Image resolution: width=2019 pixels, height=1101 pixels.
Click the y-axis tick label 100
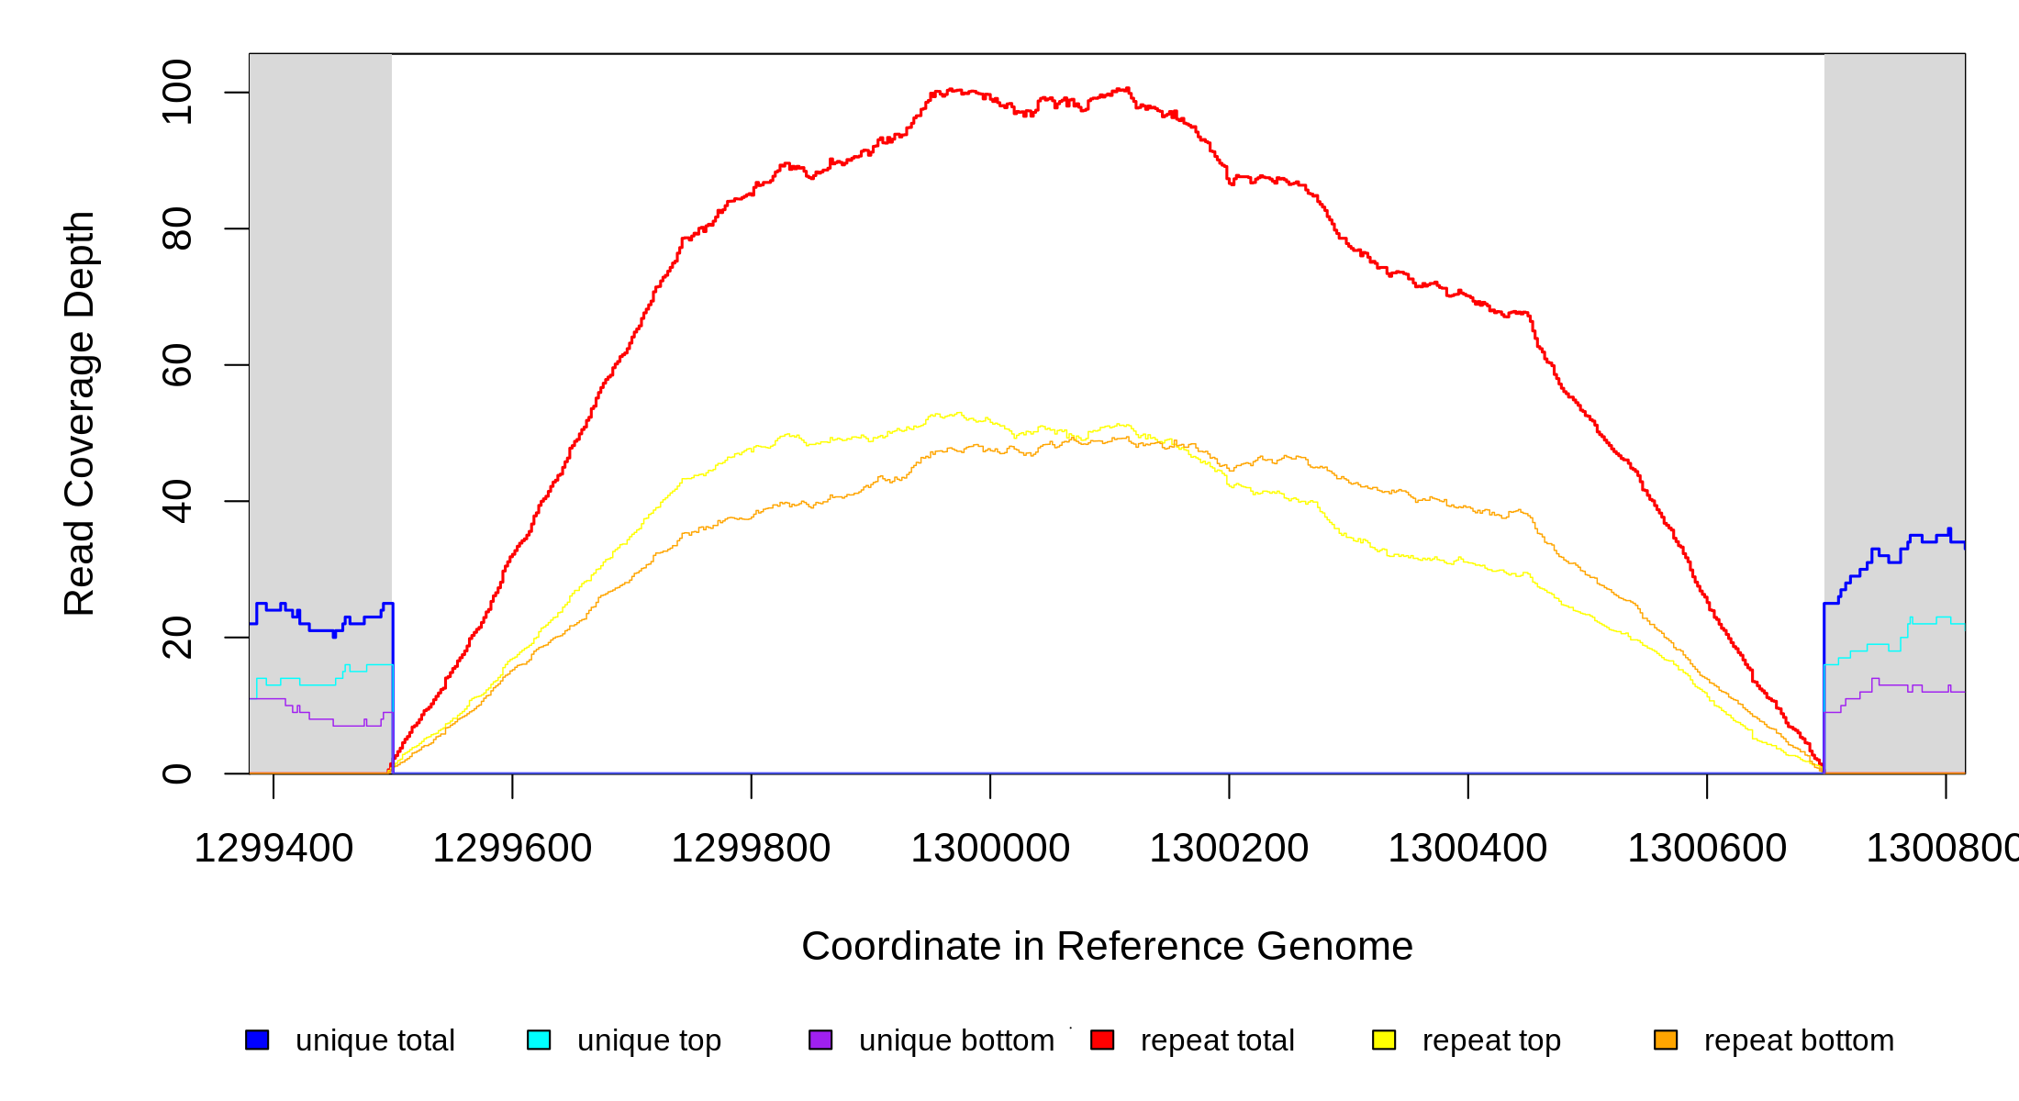tap(176, 92)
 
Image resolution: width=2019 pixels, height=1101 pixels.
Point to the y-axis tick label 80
tap(176, 228)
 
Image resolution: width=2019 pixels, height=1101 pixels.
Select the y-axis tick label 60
tap(176, 365)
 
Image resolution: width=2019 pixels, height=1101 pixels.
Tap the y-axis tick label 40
tap(176, 501)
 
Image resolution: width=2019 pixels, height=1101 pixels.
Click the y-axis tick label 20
tap(176, 638)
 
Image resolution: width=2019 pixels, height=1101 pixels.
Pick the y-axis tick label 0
tap(176, 773)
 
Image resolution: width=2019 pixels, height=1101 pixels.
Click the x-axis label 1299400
tap(273, 849)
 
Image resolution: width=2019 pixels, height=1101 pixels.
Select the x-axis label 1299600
tap(512, 849)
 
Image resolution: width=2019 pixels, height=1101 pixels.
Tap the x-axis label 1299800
tap(751, 849)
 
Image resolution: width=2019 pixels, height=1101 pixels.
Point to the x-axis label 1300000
tap(990, 849)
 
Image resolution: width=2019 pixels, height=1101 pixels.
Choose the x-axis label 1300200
tap(1229, 849)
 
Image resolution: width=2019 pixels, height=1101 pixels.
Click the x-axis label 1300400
tap(1467, 849)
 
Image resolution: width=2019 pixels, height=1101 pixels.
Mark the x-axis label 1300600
tap(1707, 849)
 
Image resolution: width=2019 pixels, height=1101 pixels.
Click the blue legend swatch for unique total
tap(257, 1040)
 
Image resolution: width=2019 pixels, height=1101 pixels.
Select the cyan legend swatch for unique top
tap(539, 1040)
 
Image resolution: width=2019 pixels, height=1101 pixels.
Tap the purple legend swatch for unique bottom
tap(820, 1040)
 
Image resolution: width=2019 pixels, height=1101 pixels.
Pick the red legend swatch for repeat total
tap(1102, 1040)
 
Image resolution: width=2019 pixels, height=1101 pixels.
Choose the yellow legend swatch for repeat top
tap(1384, 1040)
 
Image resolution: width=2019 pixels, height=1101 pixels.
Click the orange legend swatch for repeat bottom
tap(1666, 1040)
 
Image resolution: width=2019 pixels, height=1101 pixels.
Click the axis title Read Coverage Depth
tap(80, 413)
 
